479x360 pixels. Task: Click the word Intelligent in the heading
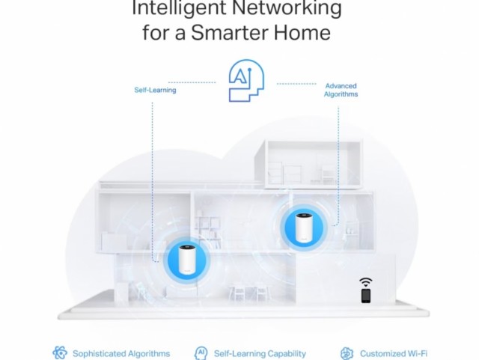coord(179,7)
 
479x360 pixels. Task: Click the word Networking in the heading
coord(287,7)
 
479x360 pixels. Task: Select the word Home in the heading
coord(302,32)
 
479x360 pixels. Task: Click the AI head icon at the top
coord(246,81)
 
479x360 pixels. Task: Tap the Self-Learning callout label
coord(155,90)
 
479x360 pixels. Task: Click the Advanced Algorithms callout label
coord(341,90)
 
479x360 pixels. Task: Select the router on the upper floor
coord(303,228)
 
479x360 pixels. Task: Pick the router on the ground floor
coord(187,260)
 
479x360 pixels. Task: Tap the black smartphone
coord(366,296)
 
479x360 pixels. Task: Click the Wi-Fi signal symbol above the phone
coord(366,282)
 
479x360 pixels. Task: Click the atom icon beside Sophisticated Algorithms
coord(60,353)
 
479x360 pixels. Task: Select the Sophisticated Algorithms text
coord(121,353)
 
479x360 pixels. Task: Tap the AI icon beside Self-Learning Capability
coord(201,353)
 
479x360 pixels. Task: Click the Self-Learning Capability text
coord(260,353)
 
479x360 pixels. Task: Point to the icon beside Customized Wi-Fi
coord(347,353)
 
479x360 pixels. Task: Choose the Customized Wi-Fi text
coord(394,353)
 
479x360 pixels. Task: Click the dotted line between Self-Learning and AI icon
coord(192,82)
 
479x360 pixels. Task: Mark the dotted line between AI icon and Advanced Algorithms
coord(296,83)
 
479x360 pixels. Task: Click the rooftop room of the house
coord(308,163)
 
